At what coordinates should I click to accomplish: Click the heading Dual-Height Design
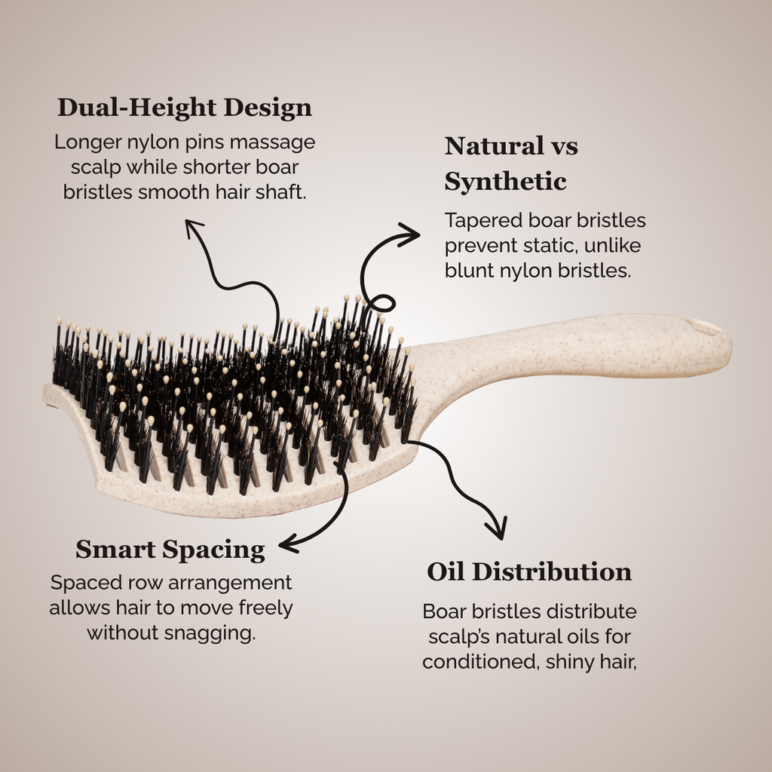pyautogui.click(x=185, y=108)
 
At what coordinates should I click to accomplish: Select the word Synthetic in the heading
pyautogui.click(x=505, y=182)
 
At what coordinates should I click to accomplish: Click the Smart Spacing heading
pyautogui.click(x=170, y=550)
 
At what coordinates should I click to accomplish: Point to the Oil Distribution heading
pyautogui.click(x=529, y=571)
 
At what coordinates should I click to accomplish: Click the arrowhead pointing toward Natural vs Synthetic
pyautogui.click(x=409, y=235)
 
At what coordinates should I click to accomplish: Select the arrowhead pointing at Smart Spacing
pyautogui.click(x=289, y=544)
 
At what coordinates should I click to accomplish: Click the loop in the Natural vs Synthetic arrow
pyautogui.click(x=381, y=303)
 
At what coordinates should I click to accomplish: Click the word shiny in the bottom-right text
pyautogui.click(x=568, y=662)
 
